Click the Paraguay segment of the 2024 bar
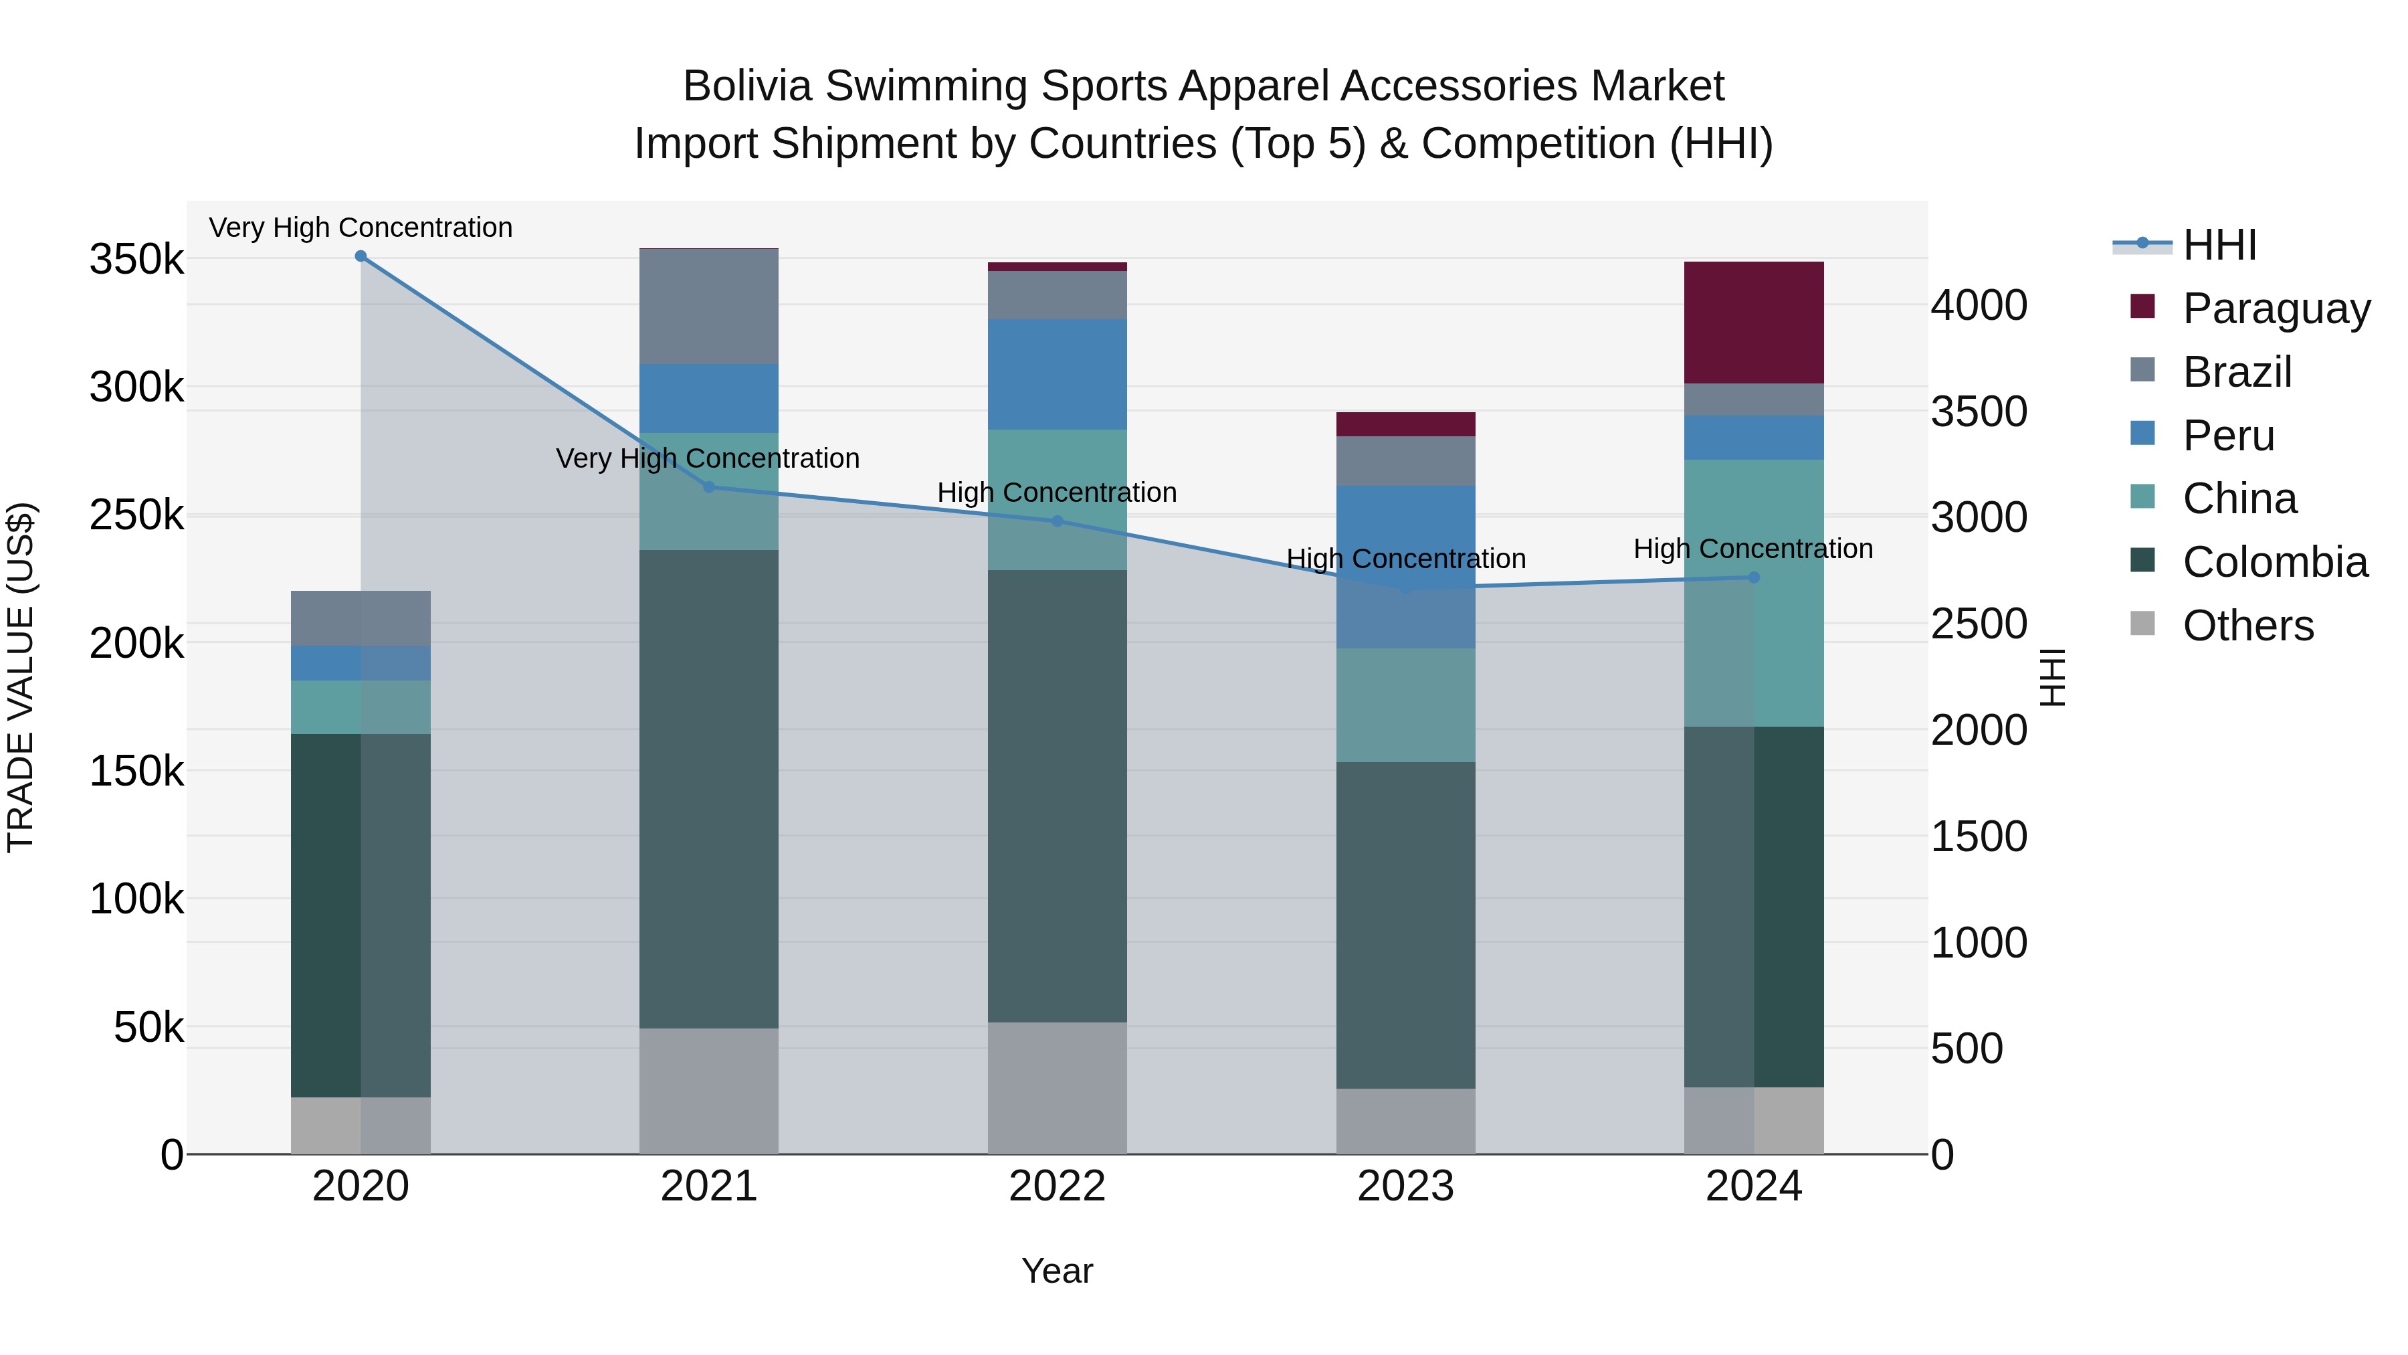1754,322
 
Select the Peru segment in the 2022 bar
1058,374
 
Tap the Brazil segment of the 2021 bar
708,306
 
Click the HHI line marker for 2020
361,256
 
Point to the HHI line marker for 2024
1754,577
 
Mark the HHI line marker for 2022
1058,521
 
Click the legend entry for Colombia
2274,562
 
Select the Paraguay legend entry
2276,308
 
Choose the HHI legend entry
2219,245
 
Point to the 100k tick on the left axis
136,899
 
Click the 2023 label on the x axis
1405,1186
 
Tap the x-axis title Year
1058,1271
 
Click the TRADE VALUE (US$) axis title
21,677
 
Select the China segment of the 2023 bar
1405,705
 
